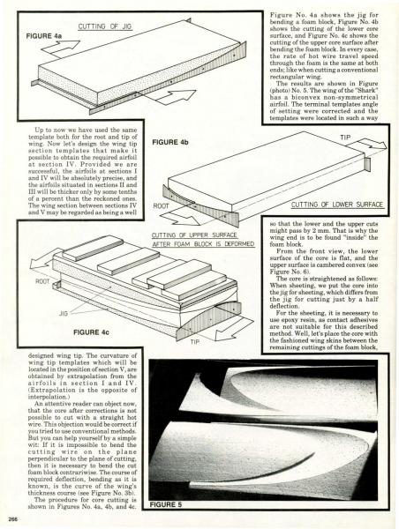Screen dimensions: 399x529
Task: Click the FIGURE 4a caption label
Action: [44, 36]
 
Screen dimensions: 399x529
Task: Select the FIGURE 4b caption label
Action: [170, 142]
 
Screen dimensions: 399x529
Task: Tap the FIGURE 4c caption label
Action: [91, 332]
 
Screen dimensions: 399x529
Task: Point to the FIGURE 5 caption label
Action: [166, 504]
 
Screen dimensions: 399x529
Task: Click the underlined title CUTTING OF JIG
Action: [105, 26]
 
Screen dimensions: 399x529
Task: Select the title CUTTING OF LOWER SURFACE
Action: [337, 205]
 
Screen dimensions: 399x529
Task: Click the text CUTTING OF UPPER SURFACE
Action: [194, 235]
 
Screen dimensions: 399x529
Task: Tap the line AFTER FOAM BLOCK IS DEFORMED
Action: [203, 244]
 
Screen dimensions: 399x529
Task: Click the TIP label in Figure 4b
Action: [345, 138]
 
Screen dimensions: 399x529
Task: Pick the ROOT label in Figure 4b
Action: [161, 205]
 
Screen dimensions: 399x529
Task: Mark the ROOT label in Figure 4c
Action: [42, 281]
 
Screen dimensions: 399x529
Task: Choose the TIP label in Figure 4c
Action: [195, 342]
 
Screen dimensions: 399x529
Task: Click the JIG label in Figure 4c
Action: [64, 313]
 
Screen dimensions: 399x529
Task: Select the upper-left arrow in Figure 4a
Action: [60, 48]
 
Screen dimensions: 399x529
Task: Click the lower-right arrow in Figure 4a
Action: [176, 96]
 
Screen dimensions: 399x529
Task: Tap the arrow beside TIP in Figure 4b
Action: [367, 145]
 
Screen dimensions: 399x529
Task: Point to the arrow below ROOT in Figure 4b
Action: [181, 219]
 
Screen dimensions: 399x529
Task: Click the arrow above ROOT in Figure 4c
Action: [44, 259]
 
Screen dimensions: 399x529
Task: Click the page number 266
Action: [13, 519]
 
